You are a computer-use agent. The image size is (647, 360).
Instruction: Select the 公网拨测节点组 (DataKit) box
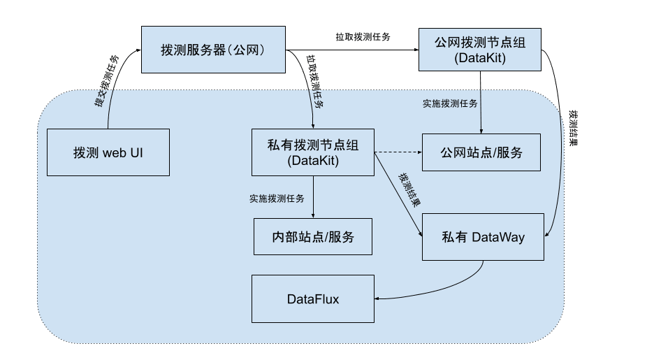(480, 50)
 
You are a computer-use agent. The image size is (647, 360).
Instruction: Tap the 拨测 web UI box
(108, 152)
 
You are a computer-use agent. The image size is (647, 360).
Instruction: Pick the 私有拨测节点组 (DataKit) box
(313, 152)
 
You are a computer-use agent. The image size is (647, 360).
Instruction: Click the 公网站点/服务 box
(481, 152)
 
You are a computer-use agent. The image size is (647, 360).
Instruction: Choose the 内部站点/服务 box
(312, 236)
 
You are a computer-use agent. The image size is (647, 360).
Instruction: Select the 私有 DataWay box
(483, 237)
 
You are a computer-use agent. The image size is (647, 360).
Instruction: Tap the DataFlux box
(312, 299)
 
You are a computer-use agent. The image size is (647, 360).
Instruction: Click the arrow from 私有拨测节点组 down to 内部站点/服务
(313, 195)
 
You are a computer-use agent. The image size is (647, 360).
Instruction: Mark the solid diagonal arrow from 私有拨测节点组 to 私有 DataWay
(398, 196)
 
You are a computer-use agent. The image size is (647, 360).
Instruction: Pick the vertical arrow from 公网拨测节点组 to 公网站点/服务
(481, 101)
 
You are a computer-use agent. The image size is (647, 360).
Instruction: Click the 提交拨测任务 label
(106, 81)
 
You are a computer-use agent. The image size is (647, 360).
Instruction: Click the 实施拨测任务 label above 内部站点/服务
(277, 199)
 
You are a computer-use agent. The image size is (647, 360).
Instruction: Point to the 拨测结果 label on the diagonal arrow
(409, 189)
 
